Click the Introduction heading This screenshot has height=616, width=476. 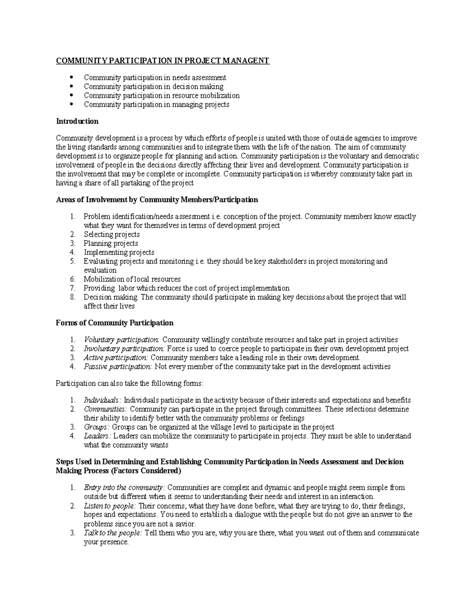click(x=77, y=121)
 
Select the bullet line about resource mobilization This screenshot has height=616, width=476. click(x=161, y=96)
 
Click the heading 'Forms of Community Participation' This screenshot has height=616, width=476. click(x=115, y=323)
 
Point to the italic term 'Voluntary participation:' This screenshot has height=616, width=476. click(x=121, y=340)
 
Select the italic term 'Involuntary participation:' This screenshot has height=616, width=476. click(x=124, y=349)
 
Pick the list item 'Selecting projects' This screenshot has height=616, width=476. click(x=111, y=234)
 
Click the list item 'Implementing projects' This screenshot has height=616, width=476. click(x=119, y=252)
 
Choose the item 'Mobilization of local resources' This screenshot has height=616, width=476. click(x=132, y=279)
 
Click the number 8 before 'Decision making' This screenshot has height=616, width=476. click(x=72, y=297)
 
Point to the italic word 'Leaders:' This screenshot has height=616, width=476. click(x=98, y=436)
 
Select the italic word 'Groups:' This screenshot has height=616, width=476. click(x=96, y=427)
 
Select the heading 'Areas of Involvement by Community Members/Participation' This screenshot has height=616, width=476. click(x=157, y=200)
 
